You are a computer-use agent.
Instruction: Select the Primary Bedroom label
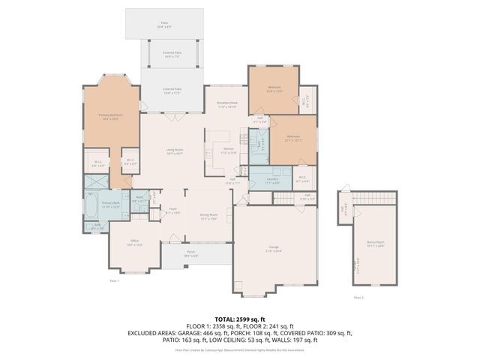point(110,116)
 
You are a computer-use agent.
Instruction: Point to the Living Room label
point(175,151)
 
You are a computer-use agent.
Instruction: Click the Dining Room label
point(208,216)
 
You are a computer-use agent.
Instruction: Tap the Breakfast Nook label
point(227,104)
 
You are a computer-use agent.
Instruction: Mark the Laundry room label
point(273,180)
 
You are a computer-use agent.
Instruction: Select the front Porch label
point(191,253)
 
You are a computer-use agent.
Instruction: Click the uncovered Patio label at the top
point(164,24)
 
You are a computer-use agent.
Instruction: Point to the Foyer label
point(172,211)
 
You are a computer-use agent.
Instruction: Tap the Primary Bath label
point(111,205)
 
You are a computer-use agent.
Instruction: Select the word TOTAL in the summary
point(224,319)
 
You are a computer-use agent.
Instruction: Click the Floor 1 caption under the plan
point(115,279)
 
